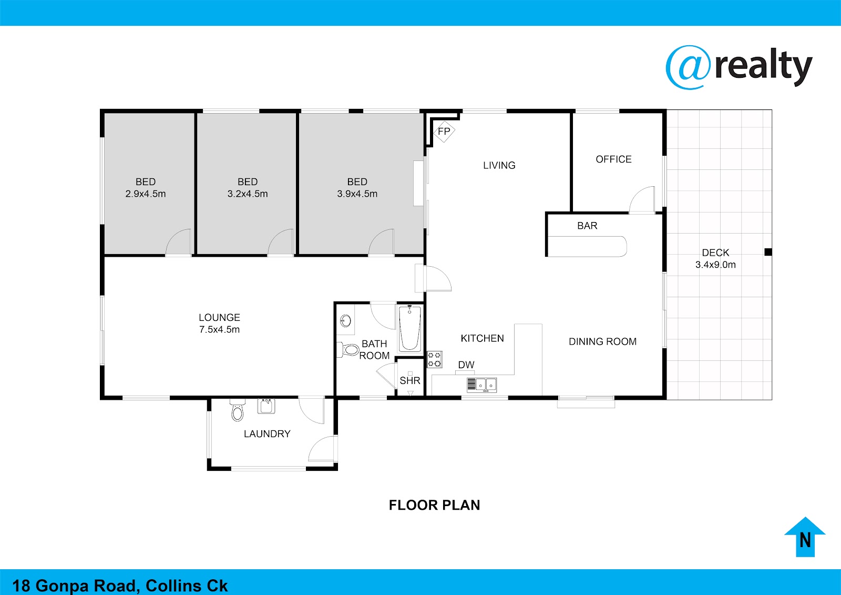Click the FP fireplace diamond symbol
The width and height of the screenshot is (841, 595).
tap(444, 132)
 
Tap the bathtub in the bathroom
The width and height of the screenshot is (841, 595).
tap(409, 328)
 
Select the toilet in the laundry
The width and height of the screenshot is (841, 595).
tap(237, 410)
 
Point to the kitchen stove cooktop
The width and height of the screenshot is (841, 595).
tap(434, 359)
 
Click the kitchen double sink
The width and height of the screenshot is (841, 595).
tap(481, 385)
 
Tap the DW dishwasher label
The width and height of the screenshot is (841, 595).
tap(466, 365)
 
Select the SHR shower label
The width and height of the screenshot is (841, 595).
tap(410, 380)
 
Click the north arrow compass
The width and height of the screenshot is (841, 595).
tap(805, 537)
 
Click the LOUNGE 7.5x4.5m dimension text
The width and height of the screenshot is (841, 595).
tap(219, 329)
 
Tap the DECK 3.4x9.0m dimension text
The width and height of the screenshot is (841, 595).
tap(715, 265)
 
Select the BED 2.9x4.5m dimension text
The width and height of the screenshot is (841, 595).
tap(146, 194)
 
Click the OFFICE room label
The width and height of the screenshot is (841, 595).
tap(614, 159)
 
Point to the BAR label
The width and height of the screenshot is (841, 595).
tap(587, 226)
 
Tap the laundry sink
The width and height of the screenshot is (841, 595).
tap(266, 406)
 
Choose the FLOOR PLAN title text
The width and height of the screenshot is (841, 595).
tap(434, 505)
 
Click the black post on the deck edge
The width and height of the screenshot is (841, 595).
tap(768, 252)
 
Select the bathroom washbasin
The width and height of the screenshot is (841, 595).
tap(345, 320)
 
